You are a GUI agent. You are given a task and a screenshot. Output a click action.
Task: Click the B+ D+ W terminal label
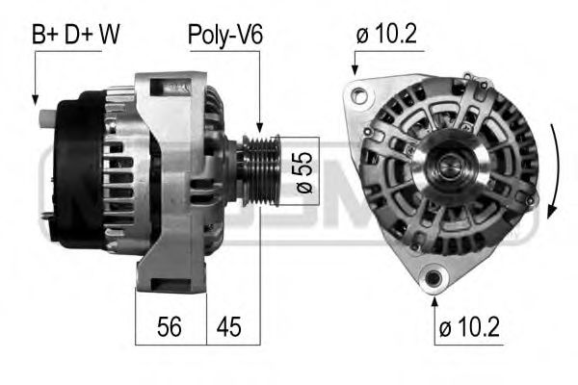(x=76, y=36)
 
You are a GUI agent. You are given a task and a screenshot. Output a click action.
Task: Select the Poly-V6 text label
(x=224, y=36)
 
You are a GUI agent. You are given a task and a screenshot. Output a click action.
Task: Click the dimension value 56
(x=170, y=327)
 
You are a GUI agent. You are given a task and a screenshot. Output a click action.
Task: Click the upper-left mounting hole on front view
(x=359, y=95)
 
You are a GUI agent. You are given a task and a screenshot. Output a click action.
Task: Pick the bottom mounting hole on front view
(x=433, y=279)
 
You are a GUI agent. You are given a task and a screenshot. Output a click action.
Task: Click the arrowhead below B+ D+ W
(x=35, y=98)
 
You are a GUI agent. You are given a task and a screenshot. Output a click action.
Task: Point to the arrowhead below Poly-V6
(x=259, y=126)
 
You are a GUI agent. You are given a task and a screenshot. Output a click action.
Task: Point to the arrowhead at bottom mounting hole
(x=433, y=295)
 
